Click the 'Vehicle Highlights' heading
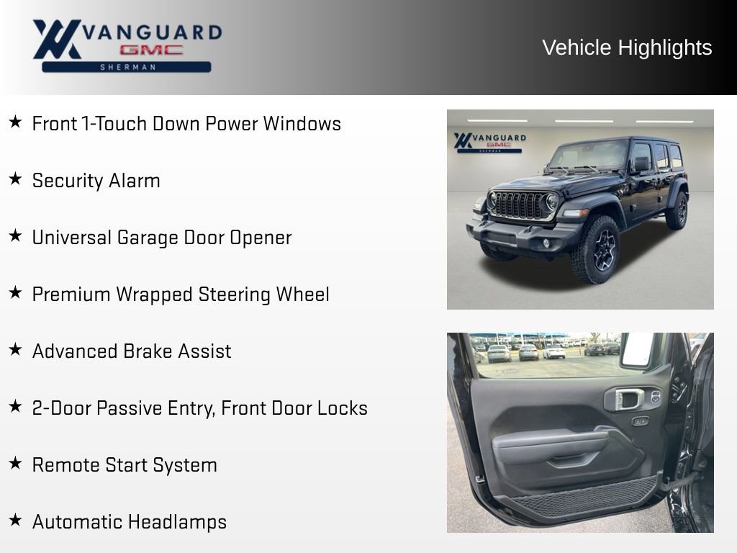pos(627,48)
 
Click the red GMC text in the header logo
pos(151,50)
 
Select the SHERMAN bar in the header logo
pos(127,67)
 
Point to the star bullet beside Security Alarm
pos(15,179)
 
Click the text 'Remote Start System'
pos(125,465)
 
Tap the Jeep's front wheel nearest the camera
pos(595,248)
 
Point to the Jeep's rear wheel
pos(677,210)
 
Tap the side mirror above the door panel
pos(638,350)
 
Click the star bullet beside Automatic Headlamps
pos(15,521)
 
